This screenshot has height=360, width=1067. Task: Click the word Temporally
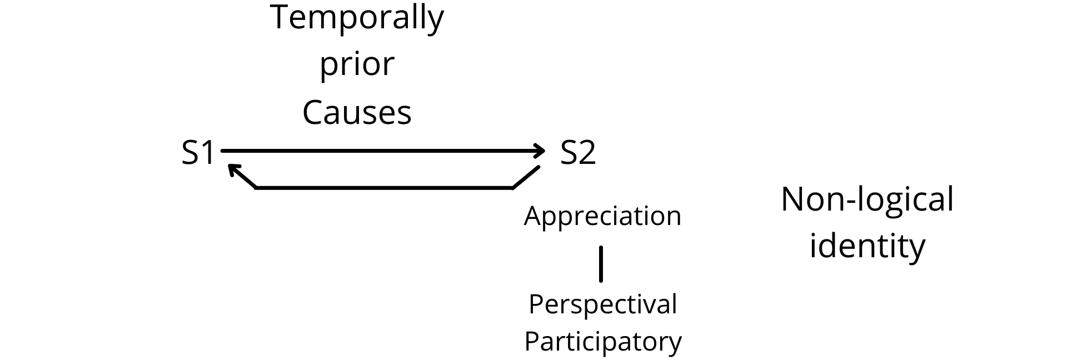point(357,18)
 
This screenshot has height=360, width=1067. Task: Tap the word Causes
point(357,112)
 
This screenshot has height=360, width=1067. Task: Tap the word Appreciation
point(602,216)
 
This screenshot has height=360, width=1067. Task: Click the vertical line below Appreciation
point(601,264)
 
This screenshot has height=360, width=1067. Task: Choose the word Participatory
point(603,341)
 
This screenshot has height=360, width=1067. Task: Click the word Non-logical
point(867,201)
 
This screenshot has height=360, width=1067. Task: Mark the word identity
point(867,245)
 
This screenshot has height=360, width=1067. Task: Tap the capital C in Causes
point(314,112)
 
